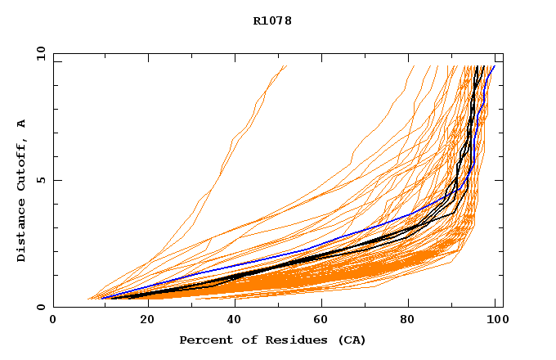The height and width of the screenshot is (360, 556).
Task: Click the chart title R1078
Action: pyautogui.click(x=272, y=20)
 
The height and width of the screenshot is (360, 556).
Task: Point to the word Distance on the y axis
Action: pyautogui.click(x=22, y=235)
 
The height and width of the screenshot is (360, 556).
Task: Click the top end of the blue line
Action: pyautogui.click(x=494, y=66)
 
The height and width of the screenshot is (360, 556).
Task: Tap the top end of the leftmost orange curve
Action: pyautogui.click(x=287, y=66)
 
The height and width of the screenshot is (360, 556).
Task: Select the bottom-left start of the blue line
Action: pyautogui.click(x=101, y=298)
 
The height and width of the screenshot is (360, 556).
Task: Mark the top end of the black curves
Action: pyautogui.click(x=480, y=66)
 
